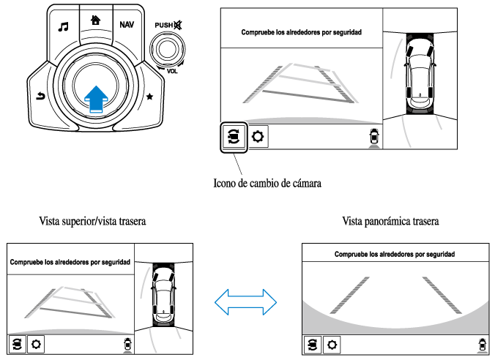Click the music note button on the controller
click(64, 27)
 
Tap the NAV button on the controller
click(127, 25)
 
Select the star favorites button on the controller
click(151, 97)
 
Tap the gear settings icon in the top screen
click(257, 137)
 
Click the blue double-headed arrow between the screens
click(245, 300)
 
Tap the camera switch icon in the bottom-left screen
click(16, 344)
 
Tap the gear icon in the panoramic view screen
click(332, 344)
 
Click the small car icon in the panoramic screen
click(480, 344)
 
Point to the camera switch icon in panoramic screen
click(313, 344)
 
